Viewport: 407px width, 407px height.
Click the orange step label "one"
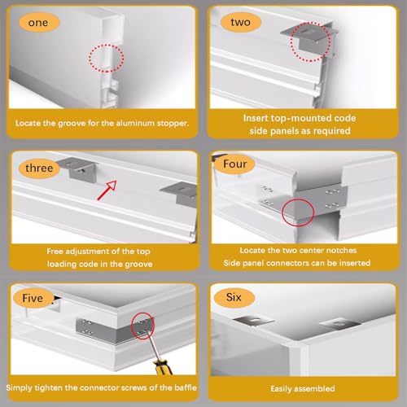point(39,23)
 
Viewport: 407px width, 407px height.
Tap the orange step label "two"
point(240,22)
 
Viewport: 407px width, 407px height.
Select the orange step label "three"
point(39,168)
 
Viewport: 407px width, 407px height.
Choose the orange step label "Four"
point(234,164)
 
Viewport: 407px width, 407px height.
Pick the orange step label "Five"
point(33,298)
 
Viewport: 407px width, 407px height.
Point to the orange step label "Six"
point(234,297)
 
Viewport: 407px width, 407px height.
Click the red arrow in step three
point(107,190)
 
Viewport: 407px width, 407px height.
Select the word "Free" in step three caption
point(55,252)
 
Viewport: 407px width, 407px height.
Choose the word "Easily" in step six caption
point(281,389)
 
